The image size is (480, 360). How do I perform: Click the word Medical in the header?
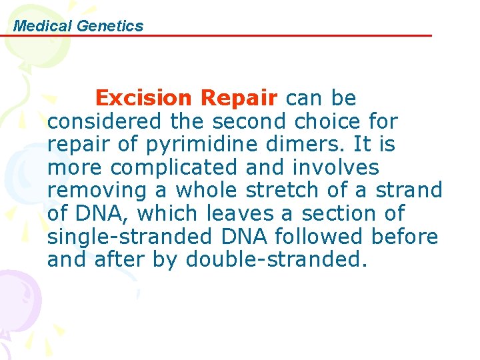pyautogui.click(x=43, y=26)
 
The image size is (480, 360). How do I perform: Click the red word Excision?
pyautogui.click(x=144, y=99)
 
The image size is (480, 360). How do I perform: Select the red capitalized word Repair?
pyautogui.click(x=239, y=99)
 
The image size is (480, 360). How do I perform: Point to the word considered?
pyautogui.click(x=104, y=122)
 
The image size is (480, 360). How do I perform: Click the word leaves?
pyautogui.click(x=261, y=213)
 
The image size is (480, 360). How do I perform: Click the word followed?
pyautogui.click(x=338, y=237)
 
